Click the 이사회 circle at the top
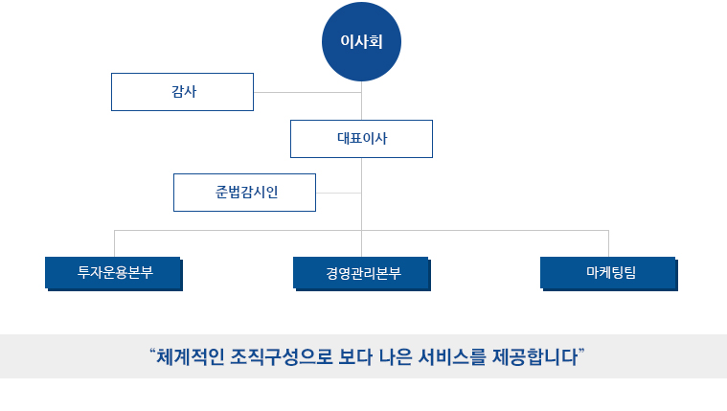361,42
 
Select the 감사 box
182,92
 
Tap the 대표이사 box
361,139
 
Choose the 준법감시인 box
244,193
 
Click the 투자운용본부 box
114,274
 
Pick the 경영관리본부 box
362,274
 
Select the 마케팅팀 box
609,274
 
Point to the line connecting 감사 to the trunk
307,92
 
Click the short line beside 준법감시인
338,193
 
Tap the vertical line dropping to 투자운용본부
115,243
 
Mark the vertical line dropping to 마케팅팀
608,243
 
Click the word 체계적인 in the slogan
190,357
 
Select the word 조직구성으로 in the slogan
282,357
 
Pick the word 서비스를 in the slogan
452,357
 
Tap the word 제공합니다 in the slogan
535,357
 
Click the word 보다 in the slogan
355,357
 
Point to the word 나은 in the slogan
396,357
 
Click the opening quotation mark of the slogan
152,352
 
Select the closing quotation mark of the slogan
581,352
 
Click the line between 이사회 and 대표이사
362,101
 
